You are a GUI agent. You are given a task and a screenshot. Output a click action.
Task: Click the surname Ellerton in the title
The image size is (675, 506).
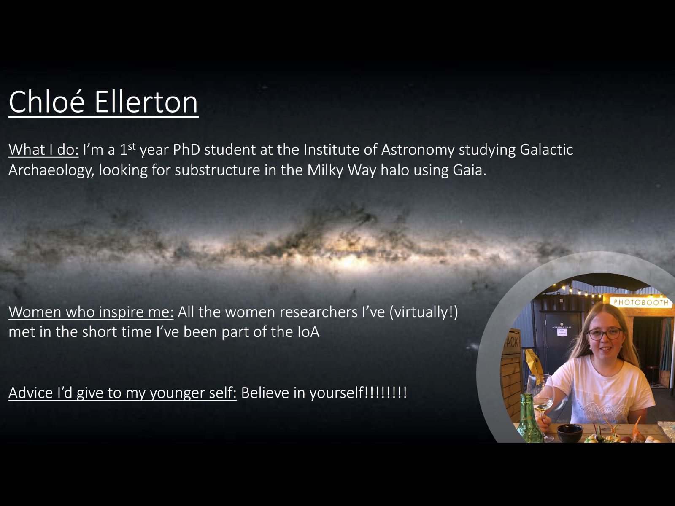tap(146, 102)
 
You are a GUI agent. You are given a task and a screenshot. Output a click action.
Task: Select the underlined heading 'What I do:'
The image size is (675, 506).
tap(43, 150)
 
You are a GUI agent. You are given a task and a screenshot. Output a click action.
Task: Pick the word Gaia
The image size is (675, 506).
tap(469, 170)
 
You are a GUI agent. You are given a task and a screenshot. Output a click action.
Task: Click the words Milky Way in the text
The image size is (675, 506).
tap(341, 171)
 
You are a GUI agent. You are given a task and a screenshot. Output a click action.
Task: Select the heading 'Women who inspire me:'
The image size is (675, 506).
tap(91, 312)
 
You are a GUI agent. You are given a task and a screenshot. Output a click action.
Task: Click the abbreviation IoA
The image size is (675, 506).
tap(308, 332)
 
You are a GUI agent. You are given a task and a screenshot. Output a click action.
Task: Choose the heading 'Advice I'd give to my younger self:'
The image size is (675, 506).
tap(122, 393)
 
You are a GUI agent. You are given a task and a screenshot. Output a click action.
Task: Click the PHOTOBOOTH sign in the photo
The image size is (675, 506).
tap(641, 302)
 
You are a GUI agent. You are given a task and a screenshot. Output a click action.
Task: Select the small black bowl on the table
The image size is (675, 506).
tap(570, 433)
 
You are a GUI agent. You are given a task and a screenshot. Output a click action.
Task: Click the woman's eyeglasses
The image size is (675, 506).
tap(604, 334)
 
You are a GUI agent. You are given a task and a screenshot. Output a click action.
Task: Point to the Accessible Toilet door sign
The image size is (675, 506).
tap(562, 331)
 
